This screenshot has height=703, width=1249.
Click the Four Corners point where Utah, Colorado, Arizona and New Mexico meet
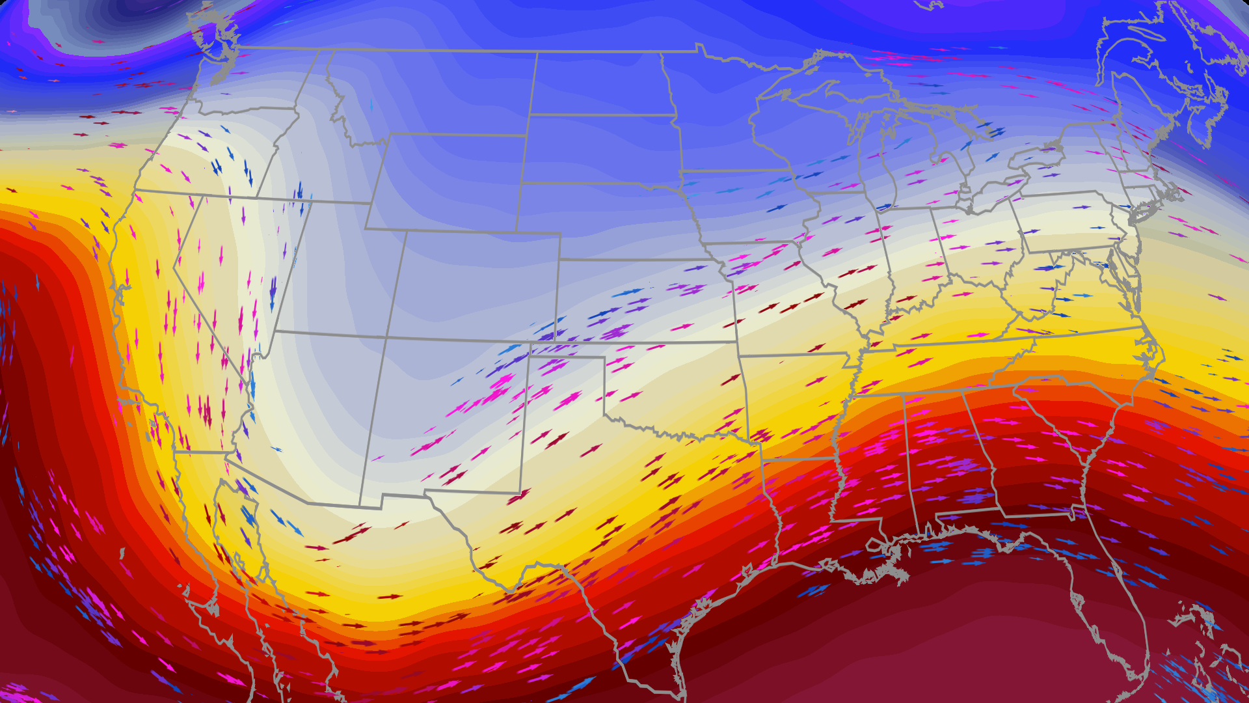(386, 337)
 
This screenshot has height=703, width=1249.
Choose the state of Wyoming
(449, 182)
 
